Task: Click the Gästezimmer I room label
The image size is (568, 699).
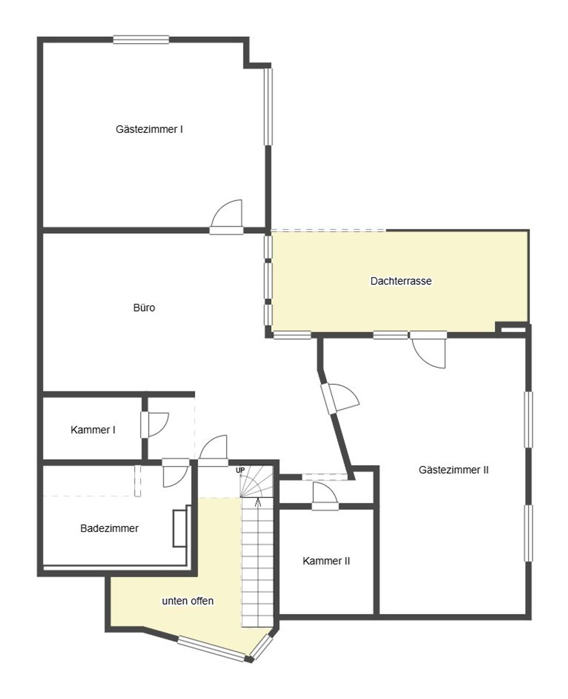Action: (149, 129)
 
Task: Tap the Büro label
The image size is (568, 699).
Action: (144, 308)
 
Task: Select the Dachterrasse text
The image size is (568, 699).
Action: (401, 281)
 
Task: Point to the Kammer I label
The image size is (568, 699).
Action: (93, 430)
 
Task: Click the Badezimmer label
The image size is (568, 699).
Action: (110, 528)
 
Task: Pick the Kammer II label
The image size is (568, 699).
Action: (326, 561)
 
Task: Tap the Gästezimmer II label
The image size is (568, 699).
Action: (453, 469)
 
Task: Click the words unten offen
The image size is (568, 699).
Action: (188, 601)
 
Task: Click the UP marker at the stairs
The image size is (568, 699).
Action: (240, 470)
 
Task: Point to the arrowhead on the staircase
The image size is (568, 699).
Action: (257, 500)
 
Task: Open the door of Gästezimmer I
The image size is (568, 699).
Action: (227, 217)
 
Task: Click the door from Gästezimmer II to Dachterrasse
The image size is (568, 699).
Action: (428, 350)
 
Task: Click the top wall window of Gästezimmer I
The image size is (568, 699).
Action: (141, 40)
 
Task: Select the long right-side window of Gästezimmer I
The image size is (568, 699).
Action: (268, 107)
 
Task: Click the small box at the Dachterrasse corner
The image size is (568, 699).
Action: (513, 329)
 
